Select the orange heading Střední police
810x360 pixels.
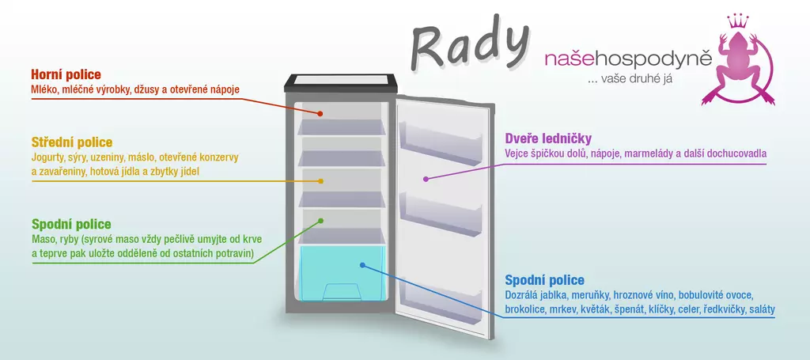71,142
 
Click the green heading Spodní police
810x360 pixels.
71,224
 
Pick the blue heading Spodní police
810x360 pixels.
544,280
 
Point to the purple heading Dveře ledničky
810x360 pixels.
548,138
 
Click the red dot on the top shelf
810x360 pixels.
321,113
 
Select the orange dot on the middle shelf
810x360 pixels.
321,181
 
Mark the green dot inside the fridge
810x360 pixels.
321,221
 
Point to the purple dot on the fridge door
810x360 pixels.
426,179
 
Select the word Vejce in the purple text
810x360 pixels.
518,153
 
